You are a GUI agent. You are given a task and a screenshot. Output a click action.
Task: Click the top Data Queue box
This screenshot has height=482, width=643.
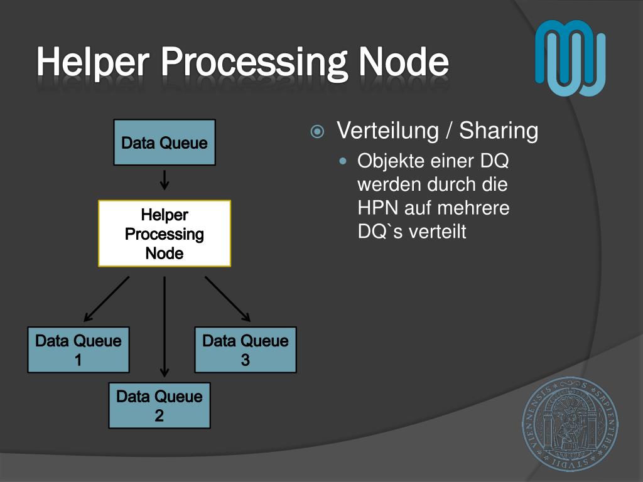point(165,142)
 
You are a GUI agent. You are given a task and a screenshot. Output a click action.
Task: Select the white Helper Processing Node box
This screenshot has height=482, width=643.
point(165,233)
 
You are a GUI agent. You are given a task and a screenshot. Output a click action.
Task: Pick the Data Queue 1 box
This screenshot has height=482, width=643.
point(78,350)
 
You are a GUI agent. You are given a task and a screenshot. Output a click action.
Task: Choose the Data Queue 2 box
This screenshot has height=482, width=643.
point(159,405)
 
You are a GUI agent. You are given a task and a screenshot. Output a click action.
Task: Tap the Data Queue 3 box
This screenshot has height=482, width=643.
point(246,350)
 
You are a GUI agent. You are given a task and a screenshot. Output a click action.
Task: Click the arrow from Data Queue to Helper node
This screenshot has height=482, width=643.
point(165,179)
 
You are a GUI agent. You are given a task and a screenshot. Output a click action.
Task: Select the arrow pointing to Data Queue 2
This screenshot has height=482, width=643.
point(165,326)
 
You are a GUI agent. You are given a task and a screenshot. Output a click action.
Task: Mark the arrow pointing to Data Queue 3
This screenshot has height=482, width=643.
point(228,299)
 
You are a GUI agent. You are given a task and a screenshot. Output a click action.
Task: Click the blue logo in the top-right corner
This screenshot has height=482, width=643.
point(570,58)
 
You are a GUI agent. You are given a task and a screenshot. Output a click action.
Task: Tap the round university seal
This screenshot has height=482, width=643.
point(570,424)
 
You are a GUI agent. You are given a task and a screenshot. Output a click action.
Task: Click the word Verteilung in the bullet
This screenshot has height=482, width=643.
point(387,131)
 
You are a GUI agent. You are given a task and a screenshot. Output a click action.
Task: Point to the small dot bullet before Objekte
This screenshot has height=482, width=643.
point(343,161)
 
